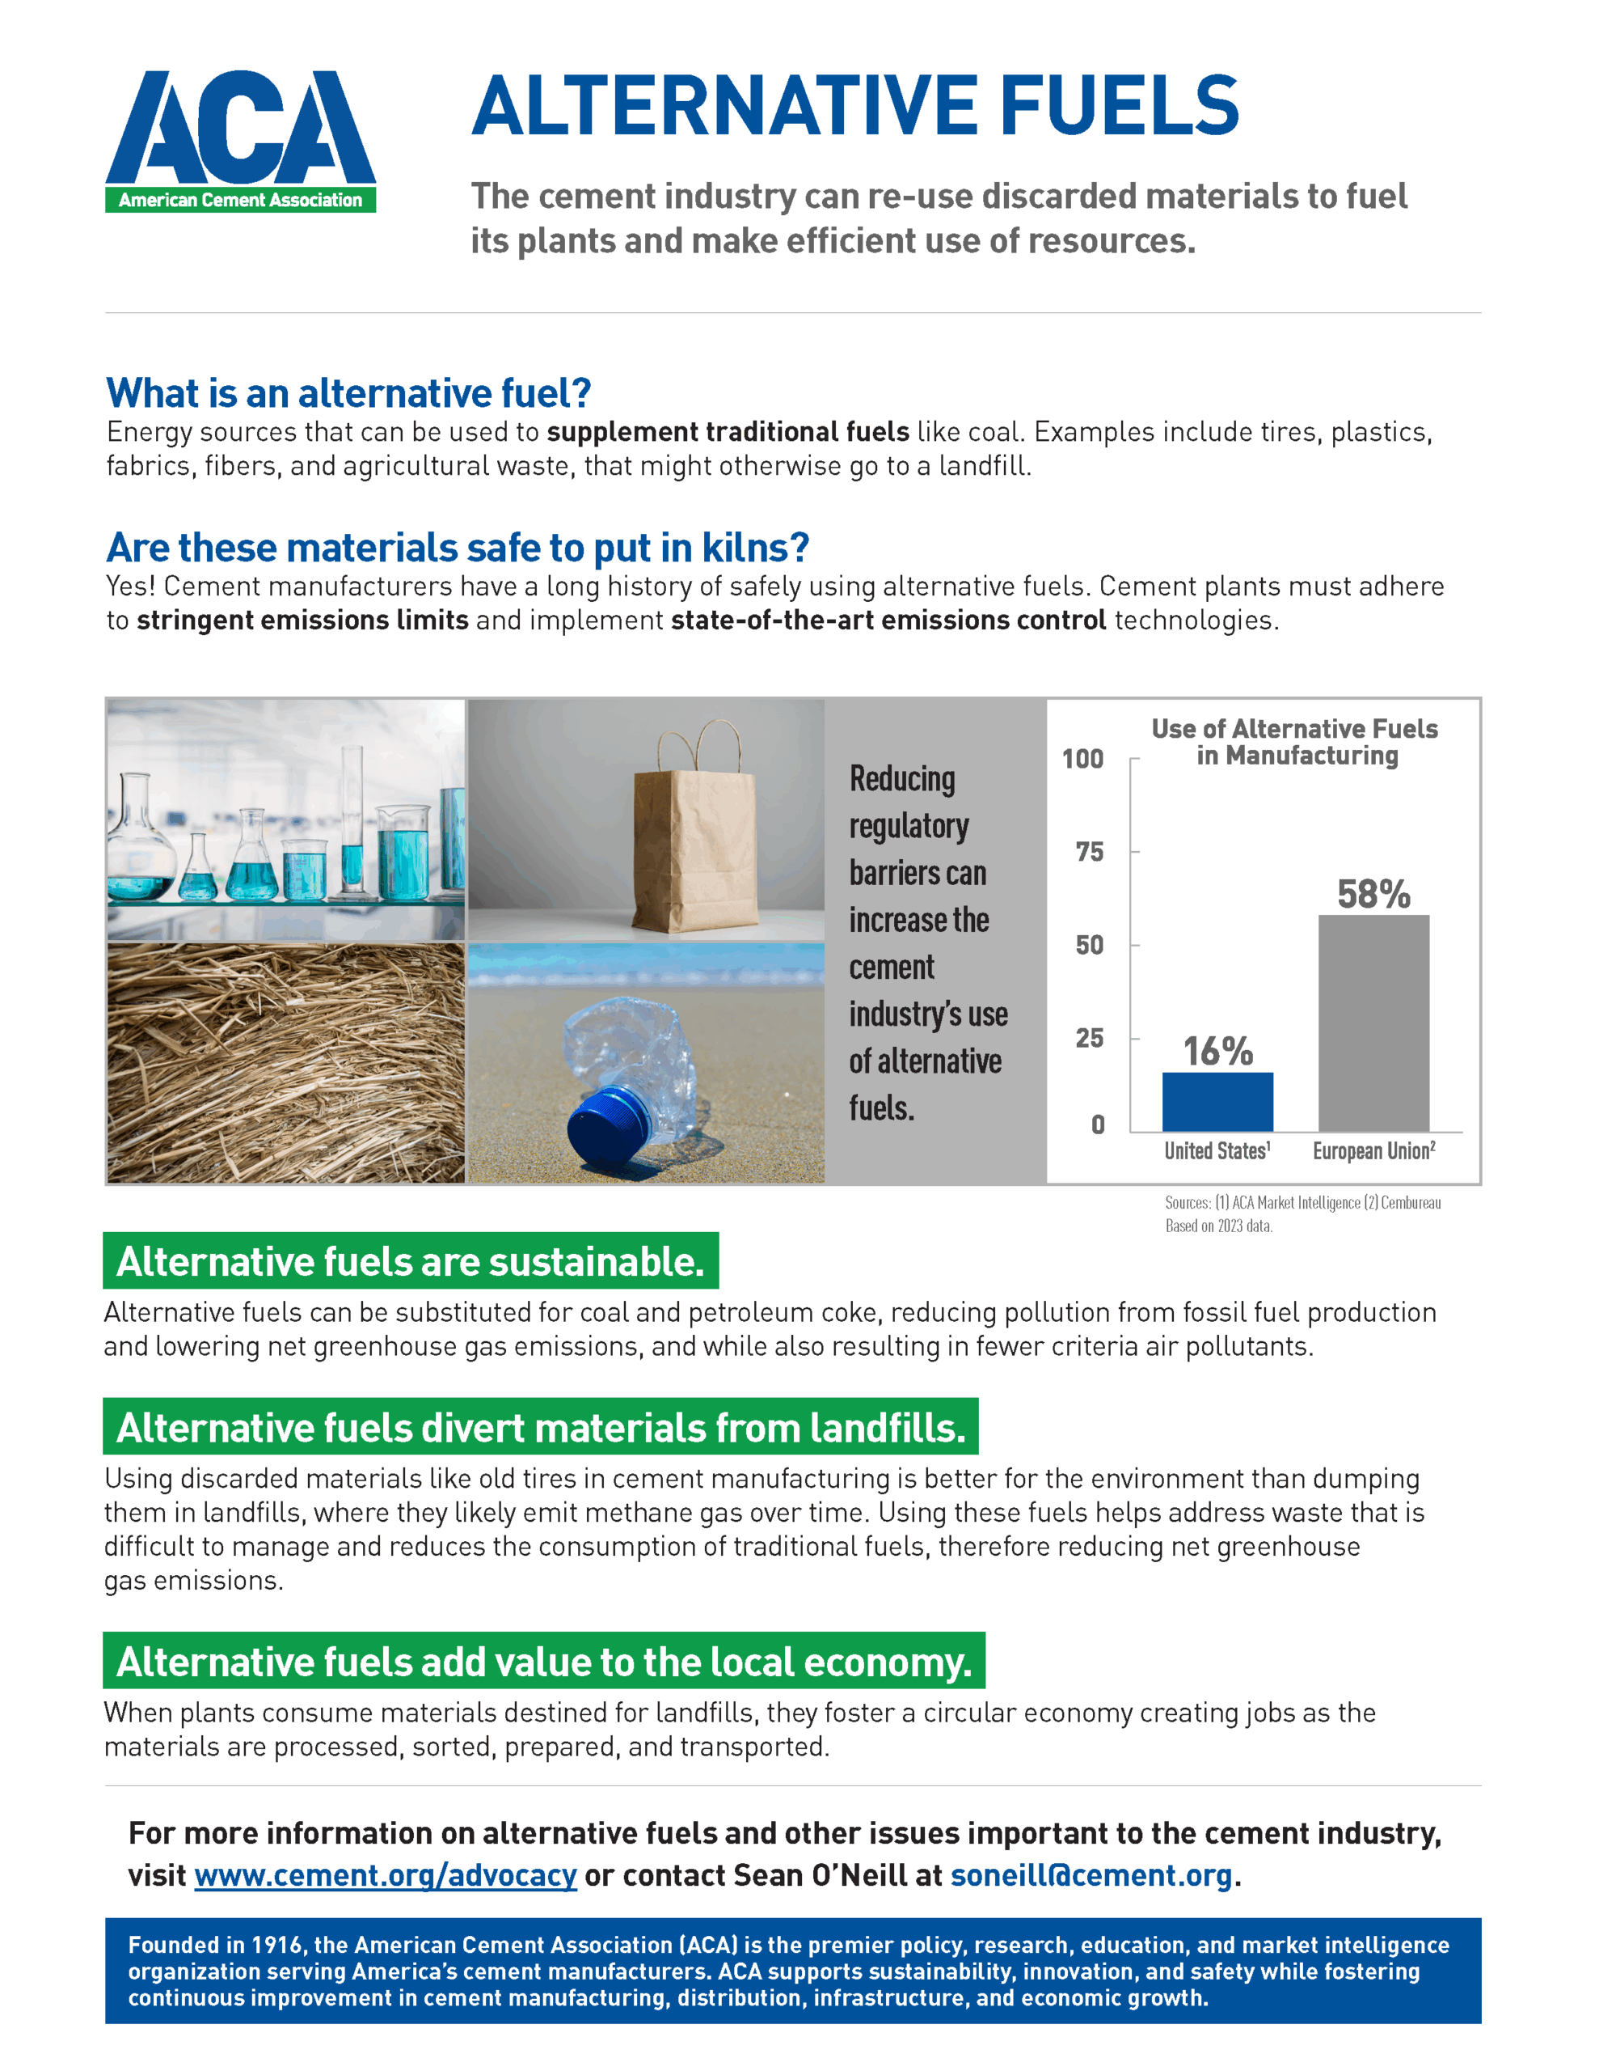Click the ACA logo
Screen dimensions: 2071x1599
tap(240, 140)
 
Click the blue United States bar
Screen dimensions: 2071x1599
tap(1217, 1101)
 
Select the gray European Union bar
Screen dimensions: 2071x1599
tap(1373, 1023)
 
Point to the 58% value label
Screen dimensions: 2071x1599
tap(1373, 893)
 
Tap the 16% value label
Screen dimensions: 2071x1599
tap(1217, 1051)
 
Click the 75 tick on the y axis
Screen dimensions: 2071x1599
tap(1089, 852)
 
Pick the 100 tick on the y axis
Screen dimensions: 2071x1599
tap(1082, 759)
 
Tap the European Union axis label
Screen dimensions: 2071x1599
tap(1373, 1150)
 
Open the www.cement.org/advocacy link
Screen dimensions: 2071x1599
tap(385, 1874)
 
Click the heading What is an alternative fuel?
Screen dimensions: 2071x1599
tap(348, 392)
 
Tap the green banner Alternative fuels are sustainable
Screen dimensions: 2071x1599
tap(411, 1261)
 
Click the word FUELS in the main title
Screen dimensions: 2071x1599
tap(1119, 106)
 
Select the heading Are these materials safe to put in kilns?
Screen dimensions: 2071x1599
tap(457, 547)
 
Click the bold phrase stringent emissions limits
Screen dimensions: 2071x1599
tap(302, 620)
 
